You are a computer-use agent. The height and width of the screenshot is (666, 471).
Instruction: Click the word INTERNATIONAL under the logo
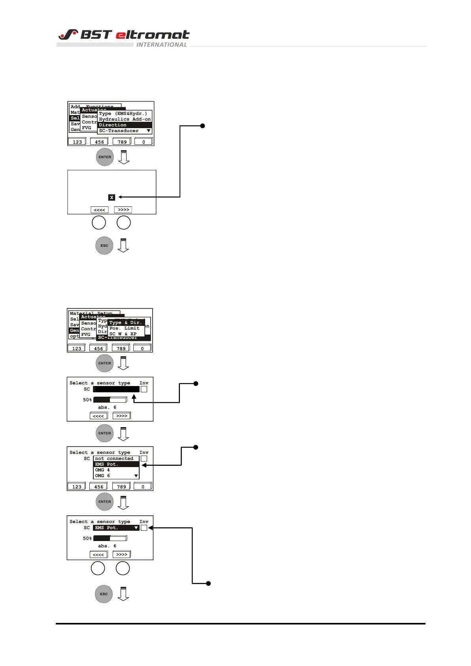(161, 45)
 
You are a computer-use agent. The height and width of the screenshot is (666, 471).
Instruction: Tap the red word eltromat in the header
(153, 35)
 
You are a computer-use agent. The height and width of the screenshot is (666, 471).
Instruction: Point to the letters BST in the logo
(96, 35)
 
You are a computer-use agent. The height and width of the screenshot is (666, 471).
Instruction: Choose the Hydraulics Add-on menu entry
(125, 119)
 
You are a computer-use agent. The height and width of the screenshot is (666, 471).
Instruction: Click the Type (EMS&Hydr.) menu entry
(123, 114)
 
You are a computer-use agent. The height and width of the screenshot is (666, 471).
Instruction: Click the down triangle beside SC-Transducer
(149, 131)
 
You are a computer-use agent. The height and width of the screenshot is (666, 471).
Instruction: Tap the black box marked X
(112, 197)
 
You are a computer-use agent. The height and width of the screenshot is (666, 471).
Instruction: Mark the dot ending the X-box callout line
(202, 126)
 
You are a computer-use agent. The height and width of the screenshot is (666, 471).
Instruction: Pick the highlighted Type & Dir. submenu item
(126, 323)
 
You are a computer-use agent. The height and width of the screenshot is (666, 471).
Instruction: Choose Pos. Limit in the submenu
(125, 328)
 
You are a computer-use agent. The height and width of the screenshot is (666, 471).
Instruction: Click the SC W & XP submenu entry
(123, 334)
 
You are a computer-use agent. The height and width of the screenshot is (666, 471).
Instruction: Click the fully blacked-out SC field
(117, 389)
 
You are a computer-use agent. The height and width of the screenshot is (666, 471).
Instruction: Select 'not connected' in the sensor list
(114, 459)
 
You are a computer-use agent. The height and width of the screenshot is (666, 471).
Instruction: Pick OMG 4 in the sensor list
(102, 470)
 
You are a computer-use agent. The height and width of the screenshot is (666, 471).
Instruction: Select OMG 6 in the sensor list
(102, 476)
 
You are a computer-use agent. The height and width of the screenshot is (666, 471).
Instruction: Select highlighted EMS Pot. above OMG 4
(107, 464)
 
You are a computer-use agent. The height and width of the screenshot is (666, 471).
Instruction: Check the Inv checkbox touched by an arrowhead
(144, 528)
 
